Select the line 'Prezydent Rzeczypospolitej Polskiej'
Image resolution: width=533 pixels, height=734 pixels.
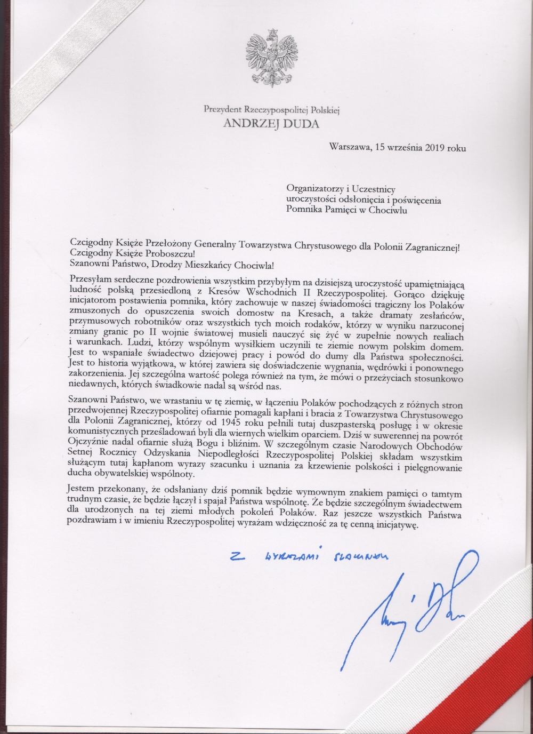[x=272, y=110]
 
